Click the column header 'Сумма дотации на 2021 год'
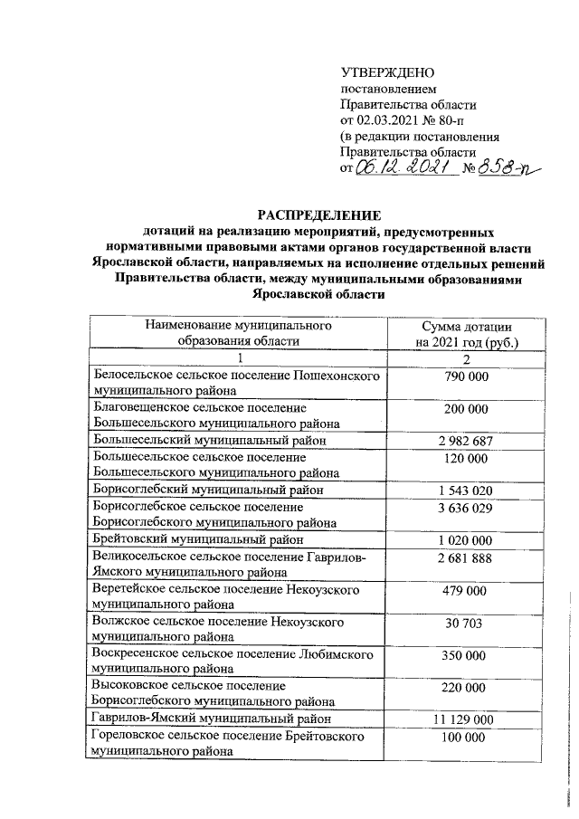coord(467,333)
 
